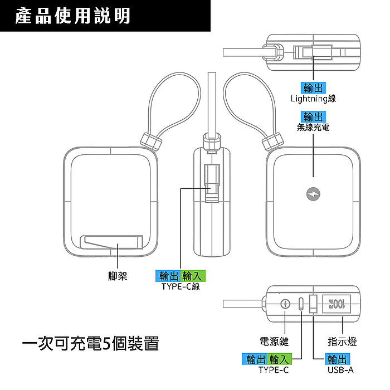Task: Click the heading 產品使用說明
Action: [72, 16]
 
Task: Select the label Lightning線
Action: [313, 99]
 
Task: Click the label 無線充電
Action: [313, 128]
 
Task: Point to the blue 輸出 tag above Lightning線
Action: [313, 88]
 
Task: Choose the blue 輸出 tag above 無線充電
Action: [313, 116]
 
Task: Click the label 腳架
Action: [118, 276]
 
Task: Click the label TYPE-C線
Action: [181, 286]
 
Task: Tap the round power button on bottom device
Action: [286, 304]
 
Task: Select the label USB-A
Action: [341, 369]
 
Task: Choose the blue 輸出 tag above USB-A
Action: [341, 359]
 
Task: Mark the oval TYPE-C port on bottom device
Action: [301, 304]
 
